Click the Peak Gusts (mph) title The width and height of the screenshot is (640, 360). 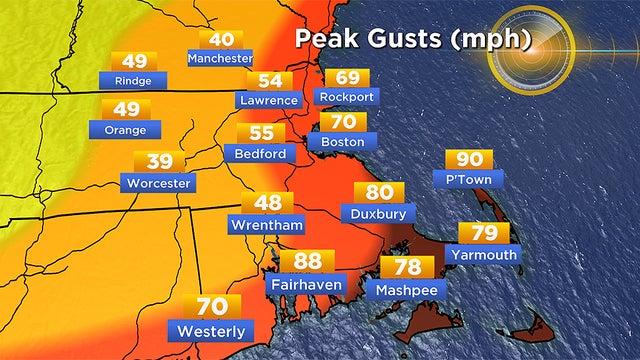point(412,39)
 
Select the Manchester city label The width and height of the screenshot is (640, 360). point(220,59)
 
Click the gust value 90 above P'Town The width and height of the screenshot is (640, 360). point(469,160)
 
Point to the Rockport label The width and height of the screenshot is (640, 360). point(347,97)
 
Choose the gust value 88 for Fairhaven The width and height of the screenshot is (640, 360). point(308,262)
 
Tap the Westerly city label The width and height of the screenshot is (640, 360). point(212,330)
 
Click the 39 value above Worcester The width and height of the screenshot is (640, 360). point(159,162)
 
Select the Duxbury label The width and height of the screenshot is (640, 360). point(379,213)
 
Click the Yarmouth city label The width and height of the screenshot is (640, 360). point(484,254)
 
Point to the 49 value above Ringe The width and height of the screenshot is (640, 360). point(133,60)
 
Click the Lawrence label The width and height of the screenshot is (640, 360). point(269,100)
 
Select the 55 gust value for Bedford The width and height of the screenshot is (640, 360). point(261,133)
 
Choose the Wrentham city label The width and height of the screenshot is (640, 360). point(267,225)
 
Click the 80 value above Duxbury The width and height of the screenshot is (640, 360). point(379,193)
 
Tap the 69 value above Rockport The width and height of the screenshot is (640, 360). point(347,78)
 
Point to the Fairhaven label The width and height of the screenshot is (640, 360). point(307,284)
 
